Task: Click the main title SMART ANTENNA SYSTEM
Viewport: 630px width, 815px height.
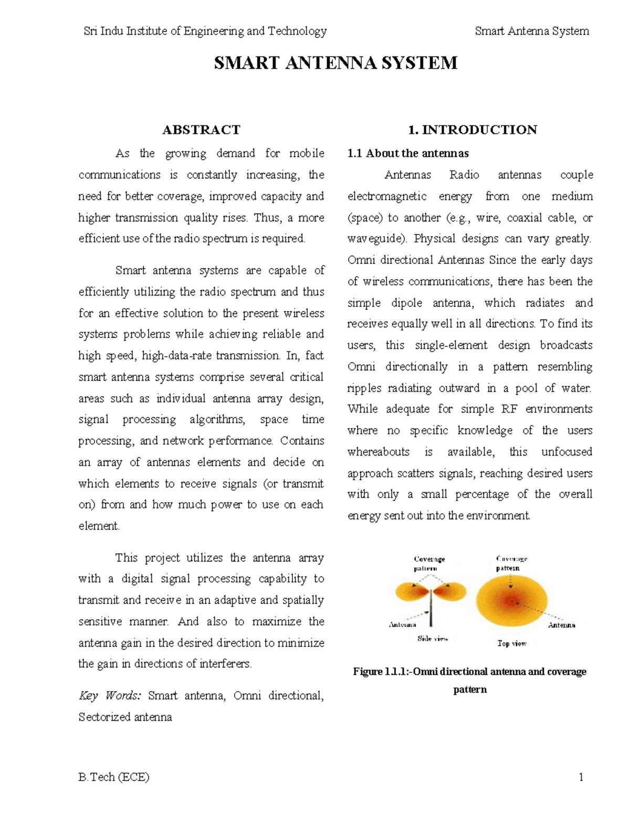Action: tap(335, 63)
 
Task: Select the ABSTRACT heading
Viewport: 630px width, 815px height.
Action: tap(201, 130)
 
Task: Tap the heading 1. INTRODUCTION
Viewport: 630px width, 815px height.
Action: tap(472, 130)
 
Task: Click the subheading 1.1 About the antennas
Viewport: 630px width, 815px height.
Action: tap(408, 153)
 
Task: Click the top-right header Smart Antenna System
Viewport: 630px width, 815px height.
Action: tap(532, 31)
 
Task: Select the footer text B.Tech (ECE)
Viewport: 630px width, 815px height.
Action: tap(114, 777)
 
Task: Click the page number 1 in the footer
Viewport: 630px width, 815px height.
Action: tap(581, 777)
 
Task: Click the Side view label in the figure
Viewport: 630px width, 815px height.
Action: tap(433, 639)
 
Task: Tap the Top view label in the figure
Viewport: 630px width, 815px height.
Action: tap(512, 643)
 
